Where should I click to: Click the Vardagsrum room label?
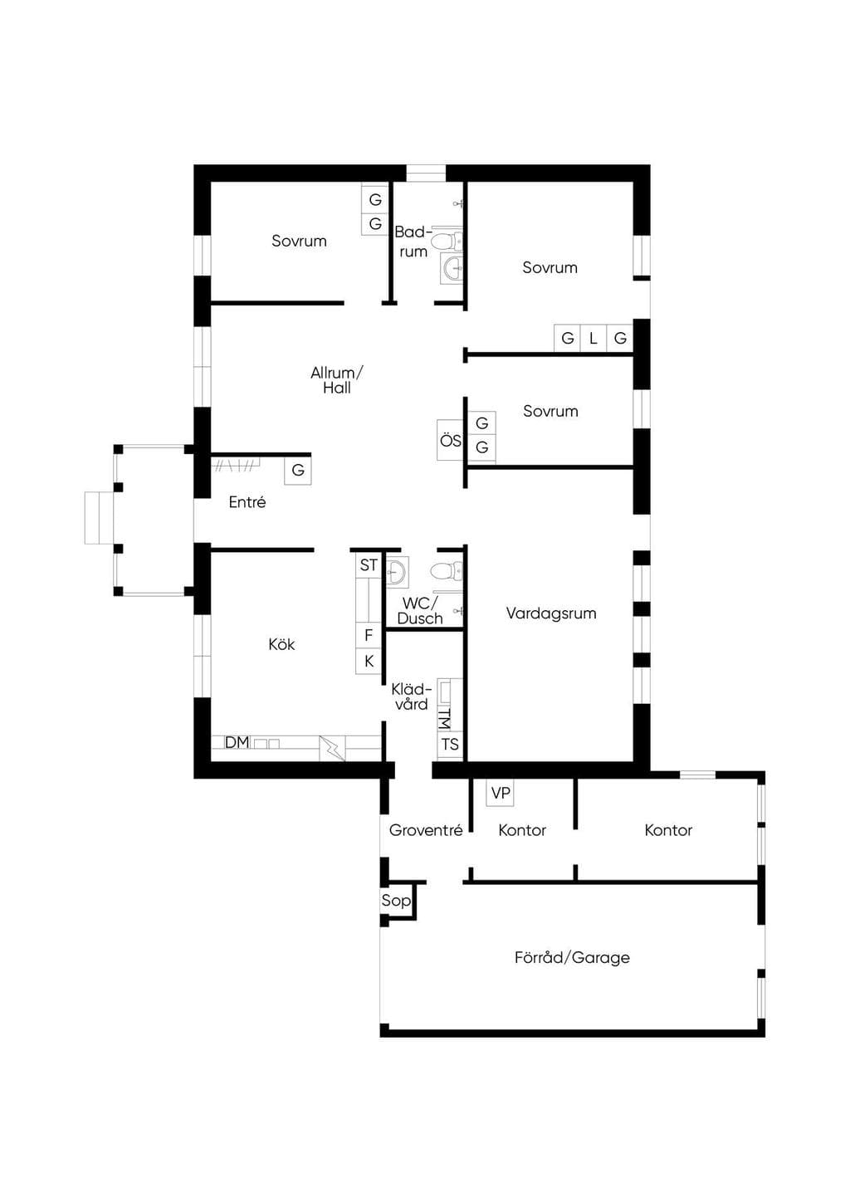click(x=551, y=613)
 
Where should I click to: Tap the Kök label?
click(x=281, y=644)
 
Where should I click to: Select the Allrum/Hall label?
click(x=337, y=380)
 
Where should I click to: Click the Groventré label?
click(x=426, y=830)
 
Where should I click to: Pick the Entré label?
click(x=247, y=501)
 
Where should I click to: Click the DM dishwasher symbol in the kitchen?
click(x=237, y=742)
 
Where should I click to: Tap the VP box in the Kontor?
click(x=501, y=793)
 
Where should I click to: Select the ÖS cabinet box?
click(x=450, y=440)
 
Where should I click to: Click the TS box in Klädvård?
click(x=450, y=745)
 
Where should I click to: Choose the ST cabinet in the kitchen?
click(x=369, y=565)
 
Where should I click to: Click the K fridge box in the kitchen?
click(x=369, y=661)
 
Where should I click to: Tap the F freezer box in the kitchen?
click(x=369, y=635)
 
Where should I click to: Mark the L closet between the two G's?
click(x=593, y=339)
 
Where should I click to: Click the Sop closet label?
click(x=396, y=900)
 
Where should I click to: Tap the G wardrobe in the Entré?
click(x=298, y=471)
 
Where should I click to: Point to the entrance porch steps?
click(x=100, y=518)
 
